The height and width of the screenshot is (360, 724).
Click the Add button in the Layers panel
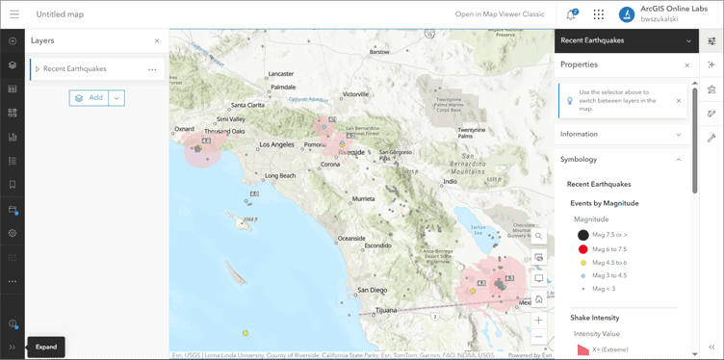89,98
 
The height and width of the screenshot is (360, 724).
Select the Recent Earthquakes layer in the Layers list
75,69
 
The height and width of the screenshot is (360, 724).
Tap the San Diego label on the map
372,290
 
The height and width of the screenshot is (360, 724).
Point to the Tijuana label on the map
385,311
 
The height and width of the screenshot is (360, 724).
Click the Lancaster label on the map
281,74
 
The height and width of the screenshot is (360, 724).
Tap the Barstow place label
379,52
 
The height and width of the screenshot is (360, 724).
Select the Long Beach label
280,176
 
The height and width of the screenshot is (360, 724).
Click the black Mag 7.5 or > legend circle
583,235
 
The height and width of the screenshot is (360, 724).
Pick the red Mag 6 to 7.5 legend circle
583,249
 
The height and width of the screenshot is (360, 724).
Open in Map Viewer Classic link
500,14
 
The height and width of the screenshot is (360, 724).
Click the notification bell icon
571,14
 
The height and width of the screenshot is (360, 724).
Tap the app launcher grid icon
599,14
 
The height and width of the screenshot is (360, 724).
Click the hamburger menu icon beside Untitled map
14,14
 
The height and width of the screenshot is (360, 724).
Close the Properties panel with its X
686,65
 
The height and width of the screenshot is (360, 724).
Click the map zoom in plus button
539,321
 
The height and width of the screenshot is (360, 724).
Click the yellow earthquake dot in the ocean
246,333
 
